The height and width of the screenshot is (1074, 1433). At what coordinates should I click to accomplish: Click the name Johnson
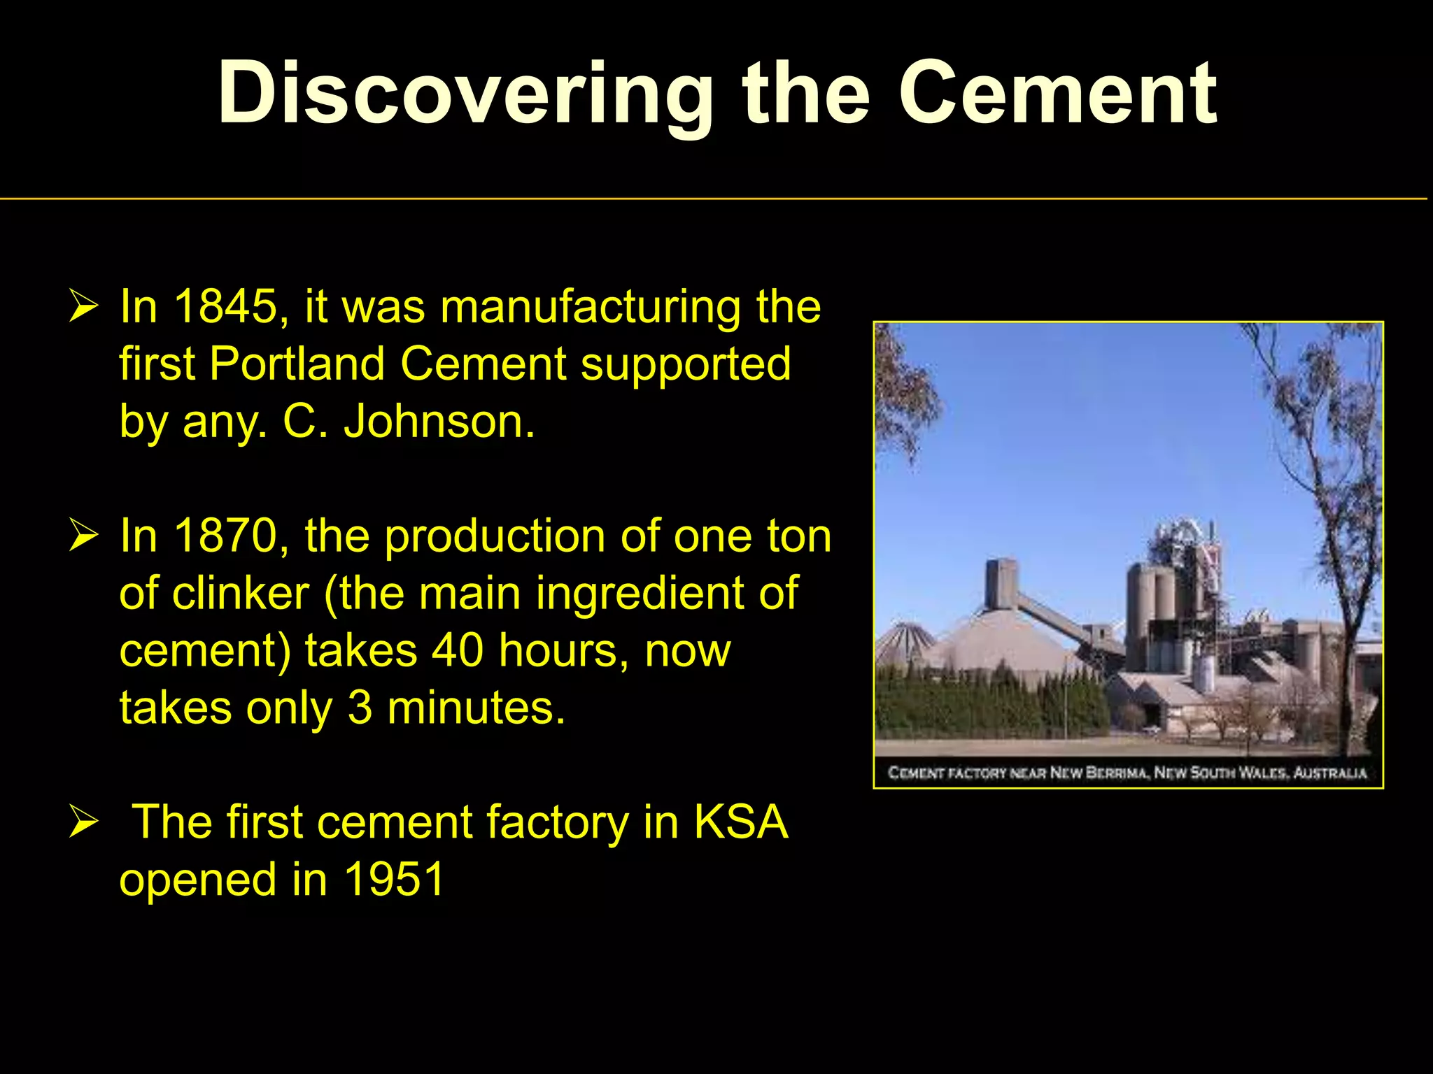pos(439,422)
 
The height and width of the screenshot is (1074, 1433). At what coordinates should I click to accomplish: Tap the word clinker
pos(240,593)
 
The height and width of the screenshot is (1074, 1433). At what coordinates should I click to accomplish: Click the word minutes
pos(476,708)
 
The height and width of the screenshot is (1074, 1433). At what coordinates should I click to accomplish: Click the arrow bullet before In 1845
pos(83,308)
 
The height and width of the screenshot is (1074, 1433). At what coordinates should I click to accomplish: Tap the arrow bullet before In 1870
pos(83,537)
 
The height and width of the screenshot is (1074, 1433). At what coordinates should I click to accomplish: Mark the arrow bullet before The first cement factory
pos(83,823)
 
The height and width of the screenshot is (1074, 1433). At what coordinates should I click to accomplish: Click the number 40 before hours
pos(457,650)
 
